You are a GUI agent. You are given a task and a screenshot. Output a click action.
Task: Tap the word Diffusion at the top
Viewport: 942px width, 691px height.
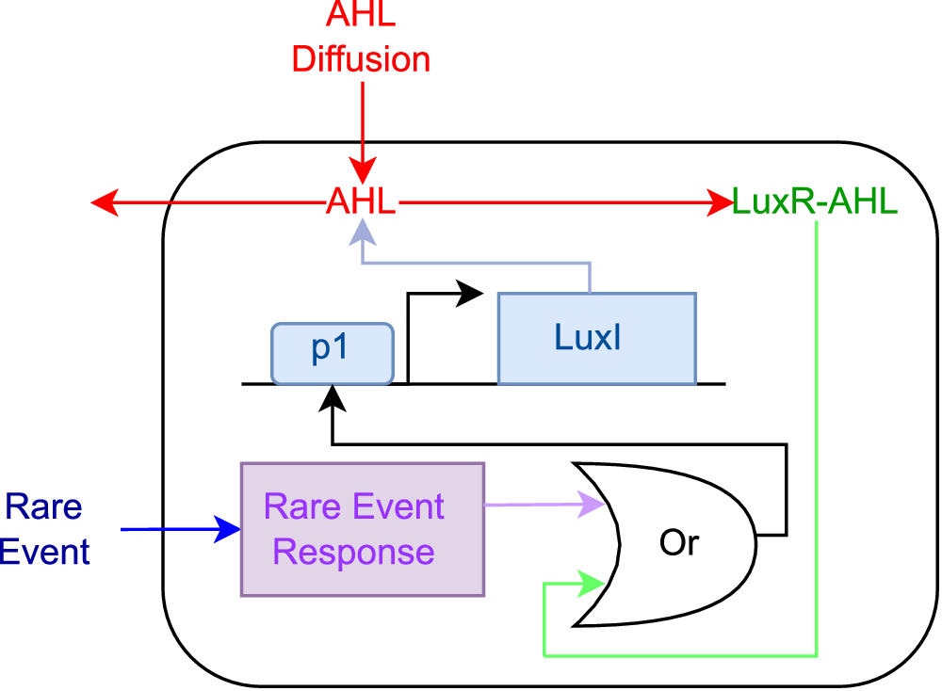click(361, 59)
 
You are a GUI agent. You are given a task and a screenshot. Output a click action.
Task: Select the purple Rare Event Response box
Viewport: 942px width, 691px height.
click(363, 528)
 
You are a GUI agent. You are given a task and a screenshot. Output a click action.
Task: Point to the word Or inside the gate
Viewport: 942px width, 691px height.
click(679, 545)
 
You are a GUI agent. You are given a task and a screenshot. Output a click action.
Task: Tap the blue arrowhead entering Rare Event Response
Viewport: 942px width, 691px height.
click(229, 529)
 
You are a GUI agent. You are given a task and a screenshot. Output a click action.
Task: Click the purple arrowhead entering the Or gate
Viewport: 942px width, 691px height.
click(593, 506)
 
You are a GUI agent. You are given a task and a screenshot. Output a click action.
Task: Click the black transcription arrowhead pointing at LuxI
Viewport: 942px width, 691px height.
click(470, 293)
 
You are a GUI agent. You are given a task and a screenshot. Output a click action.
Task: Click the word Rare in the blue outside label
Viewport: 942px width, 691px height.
click(44, 507)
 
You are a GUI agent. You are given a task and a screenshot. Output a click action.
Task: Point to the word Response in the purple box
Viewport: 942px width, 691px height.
click(353, 552)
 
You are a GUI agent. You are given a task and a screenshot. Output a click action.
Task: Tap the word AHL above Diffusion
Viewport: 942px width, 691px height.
click(361, 15)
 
